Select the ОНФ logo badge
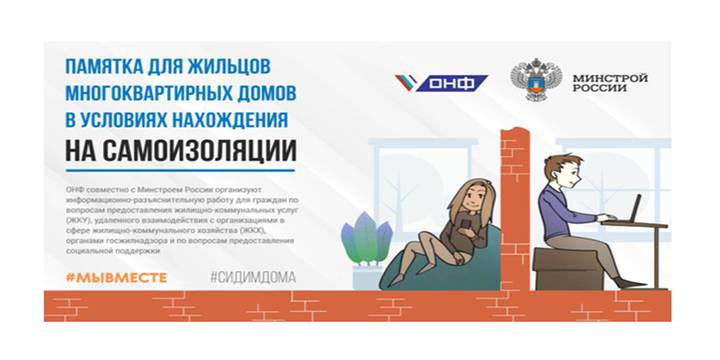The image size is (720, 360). coord(441,82)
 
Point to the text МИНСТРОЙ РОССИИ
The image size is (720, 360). coord(610,82)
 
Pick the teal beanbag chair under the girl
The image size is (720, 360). coord(425,268)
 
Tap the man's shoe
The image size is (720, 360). coord(631,283)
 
